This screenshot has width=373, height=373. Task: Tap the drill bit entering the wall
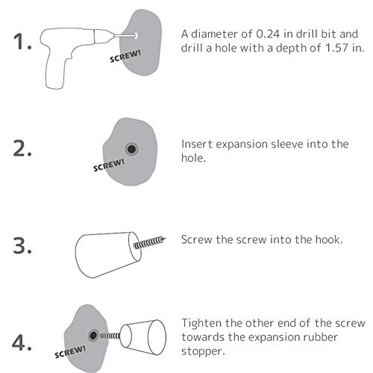(125, 36)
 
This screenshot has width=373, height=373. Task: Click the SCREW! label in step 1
(125, 56)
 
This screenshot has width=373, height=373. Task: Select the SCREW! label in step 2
(109, 165)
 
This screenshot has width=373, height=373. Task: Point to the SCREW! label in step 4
(70, 351)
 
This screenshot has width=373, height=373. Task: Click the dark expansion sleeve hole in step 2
(131, 149)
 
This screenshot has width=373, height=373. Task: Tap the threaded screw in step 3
(149, 242)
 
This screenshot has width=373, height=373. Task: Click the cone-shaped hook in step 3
(108, 254)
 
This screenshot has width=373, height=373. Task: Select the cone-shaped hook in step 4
(143, 337)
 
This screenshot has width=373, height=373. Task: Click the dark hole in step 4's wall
(93, 336)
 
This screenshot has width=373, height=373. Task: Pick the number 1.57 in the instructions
(336, 48)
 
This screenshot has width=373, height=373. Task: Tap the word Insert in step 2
(197, 144)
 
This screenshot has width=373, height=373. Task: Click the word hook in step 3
(329, 239)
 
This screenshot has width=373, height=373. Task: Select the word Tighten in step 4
(201, 324)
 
